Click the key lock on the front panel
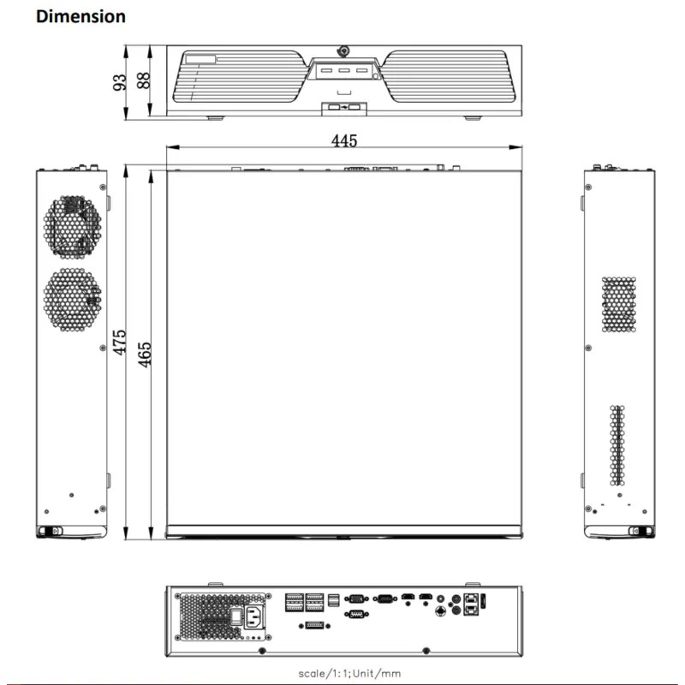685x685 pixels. pyautogui.click(x=344, y=51)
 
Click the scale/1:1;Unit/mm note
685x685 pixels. pyautogui.click(x=342, y=673)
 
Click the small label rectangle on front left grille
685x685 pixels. pyautogui.click(x=203, y=58)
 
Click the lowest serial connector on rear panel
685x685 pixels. pyautogui.click(x=356, y=614)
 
